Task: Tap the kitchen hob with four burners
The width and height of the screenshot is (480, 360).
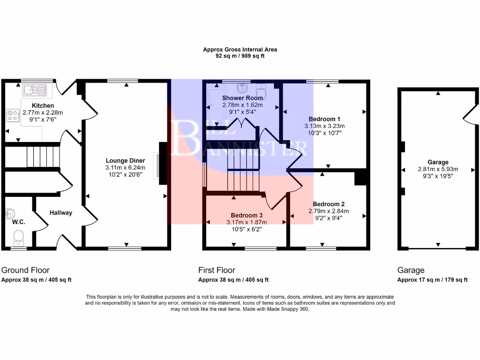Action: [x=13, y=115]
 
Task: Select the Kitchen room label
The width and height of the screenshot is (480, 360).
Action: [x=43, y=105]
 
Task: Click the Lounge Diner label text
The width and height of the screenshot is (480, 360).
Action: [x=125, y=161]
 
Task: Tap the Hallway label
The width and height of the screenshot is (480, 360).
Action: [x=61, y=213]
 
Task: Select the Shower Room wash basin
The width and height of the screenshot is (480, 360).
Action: [x=242, y=88]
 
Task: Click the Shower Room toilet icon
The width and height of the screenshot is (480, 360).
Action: [x=261, y=89]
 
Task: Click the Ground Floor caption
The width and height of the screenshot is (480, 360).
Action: [x=25, y=270]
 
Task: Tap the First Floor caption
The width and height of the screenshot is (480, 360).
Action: [x=217, y=270]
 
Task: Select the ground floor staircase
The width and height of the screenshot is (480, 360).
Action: [x=43, y=157]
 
